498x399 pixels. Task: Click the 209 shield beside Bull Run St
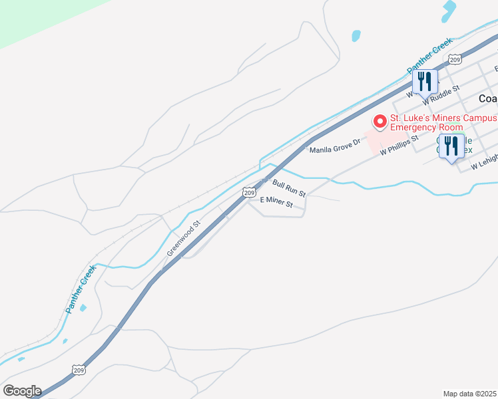tap(248, 192)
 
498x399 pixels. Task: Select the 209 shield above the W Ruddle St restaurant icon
tap(455, 59)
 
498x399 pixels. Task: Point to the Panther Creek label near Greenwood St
tap(77, 291)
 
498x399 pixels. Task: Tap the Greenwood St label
tap(183, 239)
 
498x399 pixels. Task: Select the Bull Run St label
tap(289, 187)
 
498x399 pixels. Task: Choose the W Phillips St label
tap(399, 146)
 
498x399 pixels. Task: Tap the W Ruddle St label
tap(441, 92)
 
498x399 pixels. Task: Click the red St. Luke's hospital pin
tap(379, 122)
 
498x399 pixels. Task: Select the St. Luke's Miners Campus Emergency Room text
tap(443, 122)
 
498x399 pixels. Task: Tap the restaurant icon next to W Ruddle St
tap(425, 83)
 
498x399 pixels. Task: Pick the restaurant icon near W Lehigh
tap(453, 148)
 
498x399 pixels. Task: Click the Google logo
tap(22, 391)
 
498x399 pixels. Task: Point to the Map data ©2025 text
tap(470, 394)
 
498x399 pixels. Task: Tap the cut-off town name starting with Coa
tap(487, 98)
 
